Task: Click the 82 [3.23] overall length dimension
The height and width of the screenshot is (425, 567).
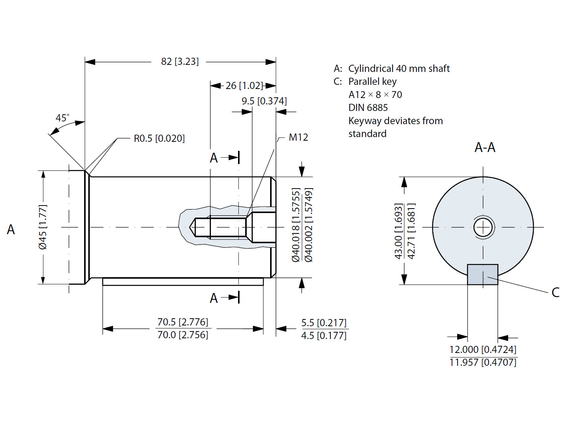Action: point(180,61)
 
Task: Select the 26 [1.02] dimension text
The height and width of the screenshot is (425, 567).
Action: point(244,86)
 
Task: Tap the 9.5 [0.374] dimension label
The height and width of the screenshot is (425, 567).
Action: point(264,101)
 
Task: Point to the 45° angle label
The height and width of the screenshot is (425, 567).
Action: point(62,118)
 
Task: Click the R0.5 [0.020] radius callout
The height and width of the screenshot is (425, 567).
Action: point(159,138)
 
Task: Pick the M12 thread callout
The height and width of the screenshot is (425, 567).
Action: point(298,137)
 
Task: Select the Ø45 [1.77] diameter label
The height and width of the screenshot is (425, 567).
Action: point(43,227)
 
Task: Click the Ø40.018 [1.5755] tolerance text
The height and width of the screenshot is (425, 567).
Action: point(296,225)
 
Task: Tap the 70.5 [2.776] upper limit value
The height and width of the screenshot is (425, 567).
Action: point(183,322)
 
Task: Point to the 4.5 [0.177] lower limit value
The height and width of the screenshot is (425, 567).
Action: point(324,336)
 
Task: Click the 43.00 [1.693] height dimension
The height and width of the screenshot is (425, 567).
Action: point(398,231)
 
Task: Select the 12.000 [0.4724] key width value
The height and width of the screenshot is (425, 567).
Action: point(483,350)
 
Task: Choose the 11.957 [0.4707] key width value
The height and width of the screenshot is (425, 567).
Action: point(483,362)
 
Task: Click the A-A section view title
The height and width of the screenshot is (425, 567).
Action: point(485,147)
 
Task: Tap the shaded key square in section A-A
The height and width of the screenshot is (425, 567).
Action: point(482,275)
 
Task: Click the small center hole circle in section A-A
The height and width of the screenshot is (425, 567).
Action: point(483,227)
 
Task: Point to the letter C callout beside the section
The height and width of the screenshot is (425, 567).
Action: point(555,292)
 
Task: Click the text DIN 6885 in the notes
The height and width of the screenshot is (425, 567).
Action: point(368,108)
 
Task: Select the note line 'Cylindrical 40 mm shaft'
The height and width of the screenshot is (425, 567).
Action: point(399,69)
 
